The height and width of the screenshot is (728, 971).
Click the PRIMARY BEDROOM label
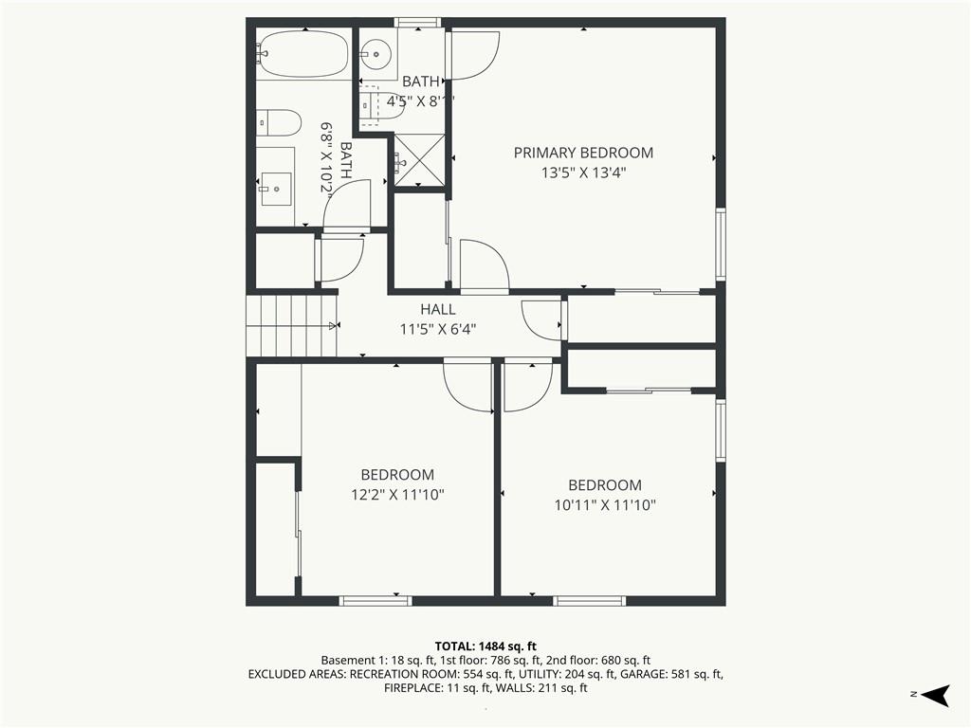pos(583,153)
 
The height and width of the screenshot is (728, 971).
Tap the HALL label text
pos(438,310)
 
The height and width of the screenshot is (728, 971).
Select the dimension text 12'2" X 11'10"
pos(397,495)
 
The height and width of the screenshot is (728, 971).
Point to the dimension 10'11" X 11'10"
pos(604,505)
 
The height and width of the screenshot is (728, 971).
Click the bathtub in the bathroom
pos(302,54)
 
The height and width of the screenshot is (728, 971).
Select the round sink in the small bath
pos(376,53)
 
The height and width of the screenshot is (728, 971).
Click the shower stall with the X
pos(419,160)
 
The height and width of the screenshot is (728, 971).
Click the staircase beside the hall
pos(292,326)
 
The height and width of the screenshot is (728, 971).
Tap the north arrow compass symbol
pos(935,695)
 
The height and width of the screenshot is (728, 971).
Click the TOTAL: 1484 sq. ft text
pos(485,646)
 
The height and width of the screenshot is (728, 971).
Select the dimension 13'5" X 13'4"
pos(584,173)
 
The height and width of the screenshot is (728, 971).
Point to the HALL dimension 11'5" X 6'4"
pos(438,329)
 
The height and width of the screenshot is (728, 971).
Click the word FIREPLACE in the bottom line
pos(412,688)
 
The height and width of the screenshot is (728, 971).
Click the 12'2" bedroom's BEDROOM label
pos(397,475)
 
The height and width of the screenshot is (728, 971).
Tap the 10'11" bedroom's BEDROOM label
pos(605,485)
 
